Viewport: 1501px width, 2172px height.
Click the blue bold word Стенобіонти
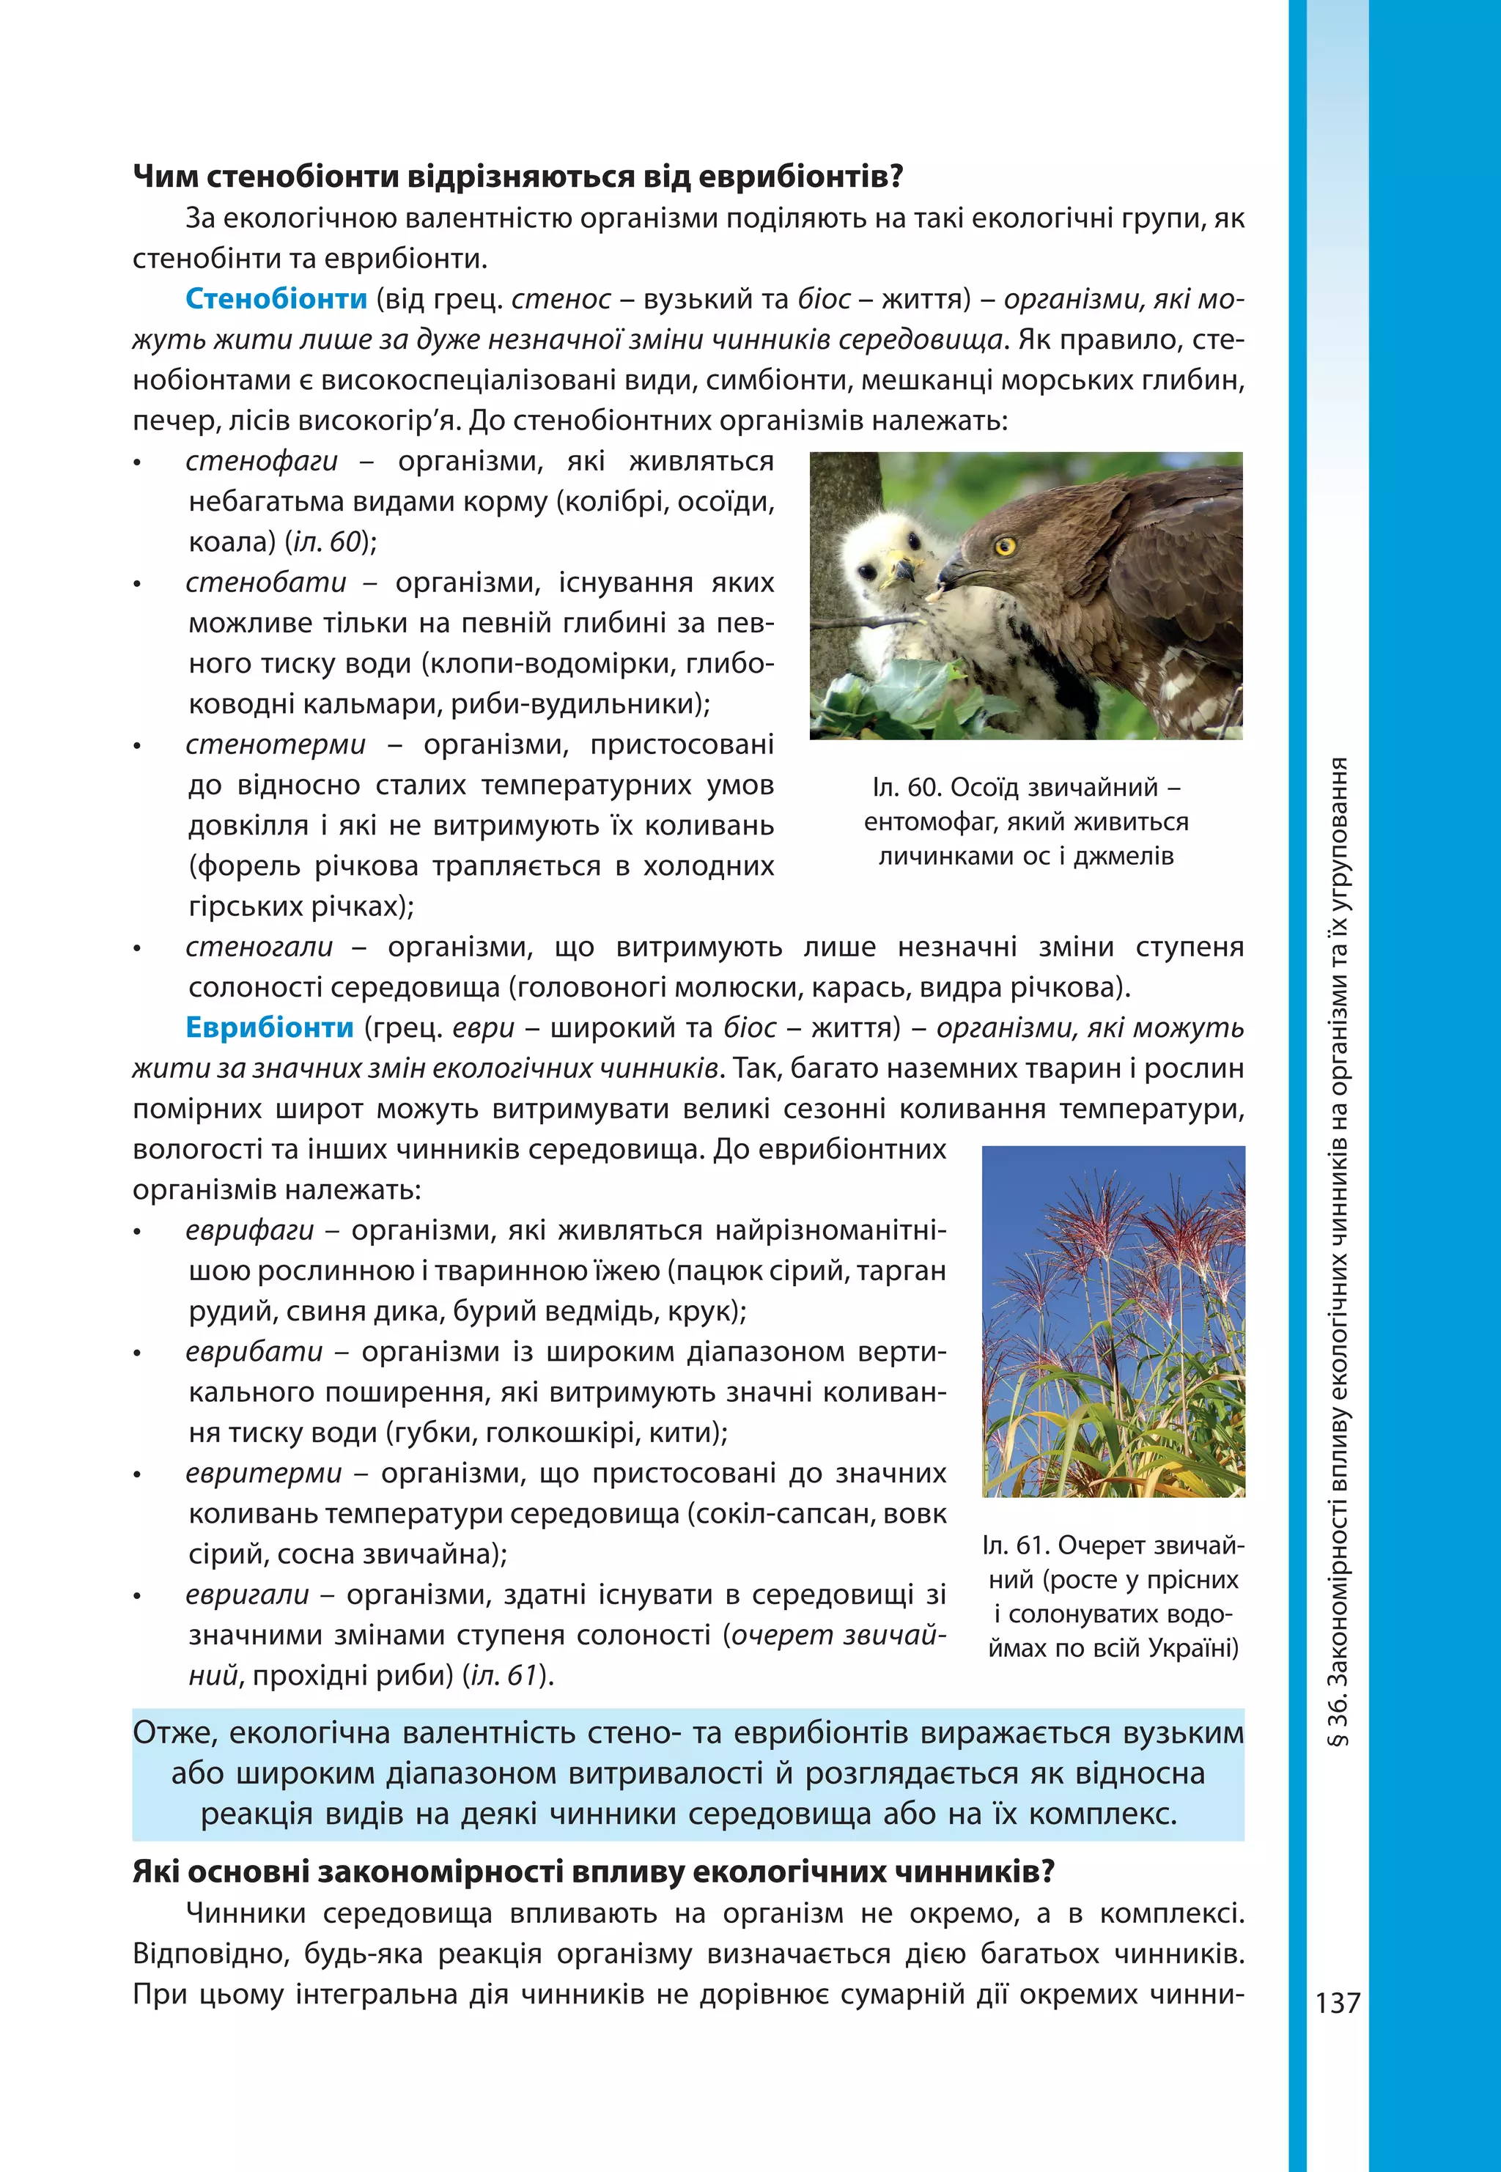coord(276,299)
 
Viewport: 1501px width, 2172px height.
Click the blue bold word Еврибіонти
coord(269,1027)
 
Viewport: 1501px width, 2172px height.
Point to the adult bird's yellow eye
coord(1004,544)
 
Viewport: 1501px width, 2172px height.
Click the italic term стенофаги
coord(262,462)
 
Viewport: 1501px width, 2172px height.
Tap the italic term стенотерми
coord(276,745)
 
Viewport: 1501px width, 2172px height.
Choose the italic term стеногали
coord(259,947)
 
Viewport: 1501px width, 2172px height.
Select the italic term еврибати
coord(254,1352)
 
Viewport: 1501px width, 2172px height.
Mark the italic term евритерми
coord(263,1474)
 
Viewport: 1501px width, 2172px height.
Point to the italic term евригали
coord(247,1595)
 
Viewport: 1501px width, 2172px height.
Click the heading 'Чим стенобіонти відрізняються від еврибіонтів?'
coord(517,177)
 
